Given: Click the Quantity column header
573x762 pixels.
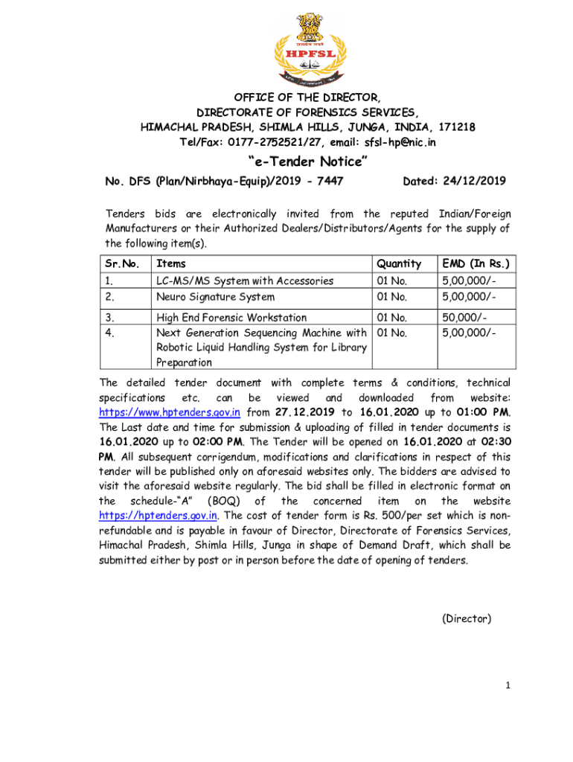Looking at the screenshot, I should click(399, 263).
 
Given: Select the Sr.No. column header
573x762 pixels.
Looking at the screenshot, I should click(122, 263).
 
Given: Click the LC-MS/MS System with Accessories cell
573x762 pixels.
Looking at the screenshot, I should click(244, 281).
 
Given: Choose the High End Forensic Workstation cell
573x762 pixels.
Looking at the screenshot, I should click(231, 318).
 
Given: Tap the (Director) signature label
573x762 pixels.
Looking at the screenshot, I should click(467, 618).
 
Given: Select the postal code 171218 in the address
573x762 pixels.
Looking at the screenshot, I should click(457, 127).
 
